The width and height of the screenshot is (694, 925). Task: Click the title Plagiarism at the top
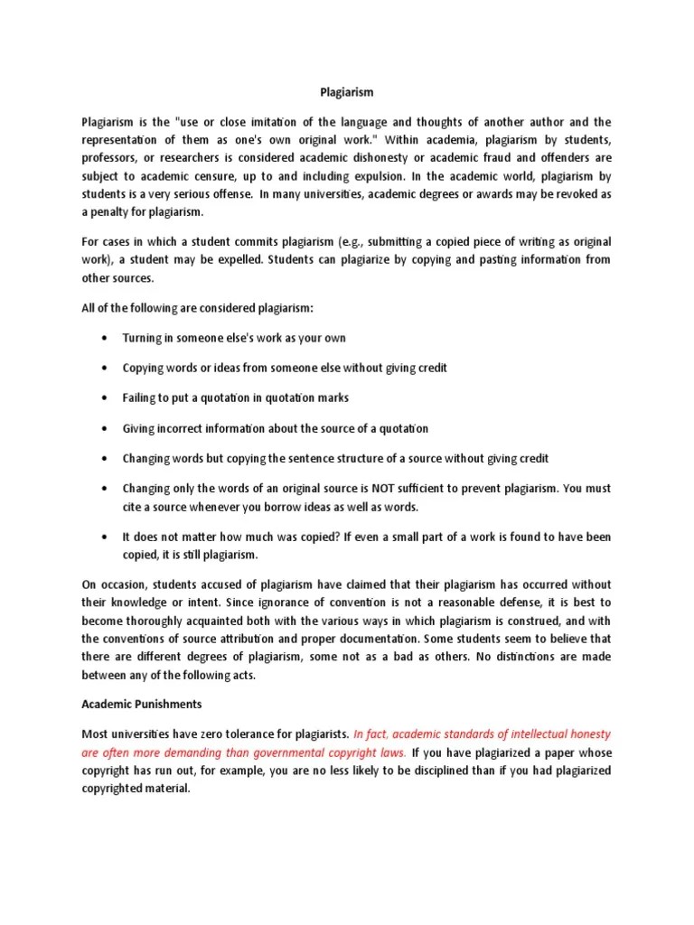point(347,92)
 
